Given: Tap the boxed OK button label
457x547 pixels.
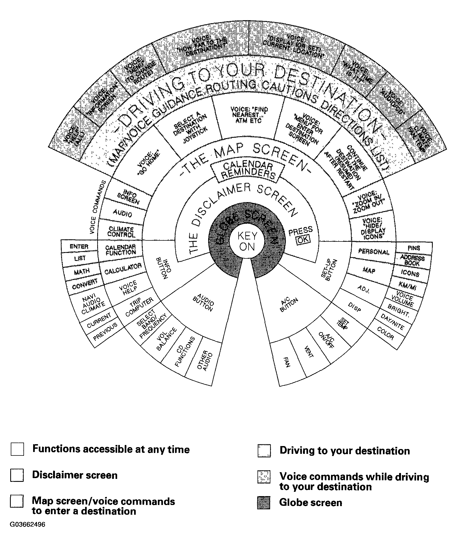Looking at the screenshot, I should coord(303,240).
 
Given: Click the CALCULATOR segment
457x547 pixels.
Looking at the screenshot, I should coord(123,269).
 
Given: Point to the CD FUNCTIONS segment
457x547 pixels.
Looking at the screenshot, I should coord(185,351).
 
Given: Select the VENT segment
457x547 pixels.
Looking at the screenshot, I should coord(309,352).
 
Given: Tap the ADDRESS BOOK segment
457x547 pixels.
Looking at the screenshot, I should coord(412,261).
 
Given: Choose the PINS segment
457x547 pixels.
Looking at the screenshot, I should coord(414,248).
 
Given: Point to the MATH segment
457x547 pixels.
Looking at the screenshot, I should coord(82,271).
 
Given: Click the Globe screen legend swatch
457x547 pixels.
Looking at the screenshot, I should coord(264,502).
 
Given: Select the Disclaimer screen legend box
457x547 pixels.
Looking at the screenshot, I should coord(17,475).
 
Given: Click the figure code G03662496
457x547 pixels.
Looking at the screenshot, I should coord(28,525).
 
